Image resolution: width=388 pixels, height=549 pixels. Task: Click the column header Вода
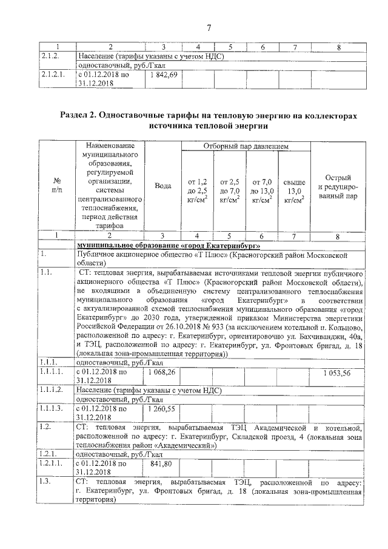tap(162, 186)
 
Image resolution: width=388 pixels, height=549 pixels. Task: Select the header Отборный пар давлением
tap(245, 147)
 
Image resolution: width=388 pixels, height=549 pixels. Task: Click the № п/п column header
tap(56, 186)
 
